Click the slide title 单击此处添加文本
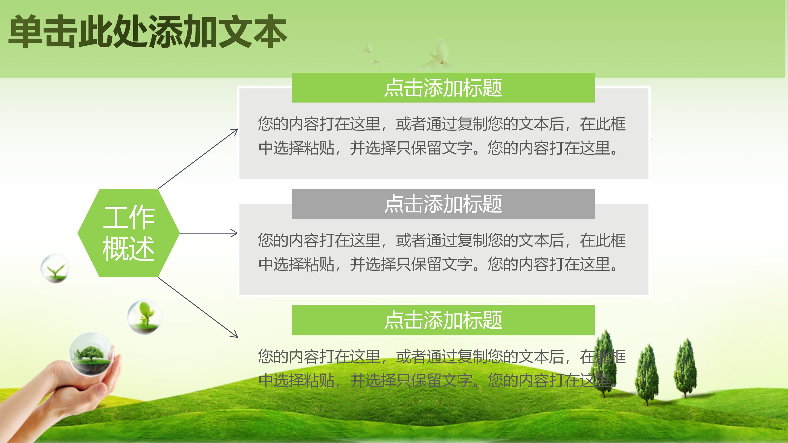(147, 31)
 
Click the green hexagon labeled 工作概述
(129, 233)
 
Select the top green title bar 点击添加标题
(443, 88)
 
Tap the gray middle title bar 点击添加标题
(443, 204)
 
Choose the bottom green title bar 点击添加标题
(443, 320)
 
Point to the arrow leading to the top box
(198, 159)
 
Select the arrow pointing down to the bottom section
(198, 308)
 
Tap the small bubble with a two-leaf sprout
(55, 268)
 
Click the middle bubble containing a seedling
(144, 316)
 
